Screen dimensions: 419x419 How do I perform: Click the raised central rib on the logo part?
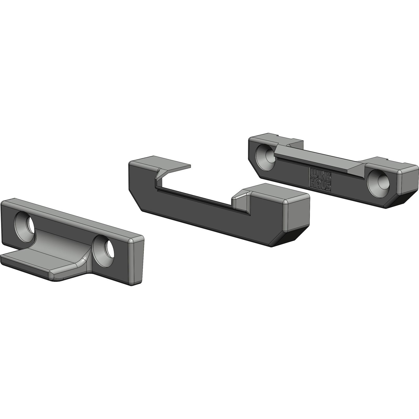314,160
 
